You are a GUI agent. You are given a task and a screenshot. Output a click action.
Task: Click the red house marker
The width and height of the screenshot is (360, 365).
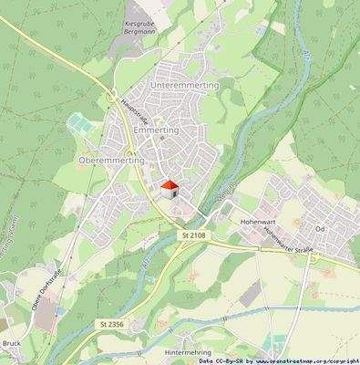(x=169, y=188)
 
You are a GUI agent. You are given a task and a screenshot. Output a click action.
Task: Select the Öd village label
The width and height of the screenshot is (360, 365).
(x=320, y=228)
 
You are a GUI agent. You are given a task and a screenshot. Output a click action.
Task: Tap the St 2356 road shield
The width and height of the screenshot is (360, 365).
(x=110, y=324)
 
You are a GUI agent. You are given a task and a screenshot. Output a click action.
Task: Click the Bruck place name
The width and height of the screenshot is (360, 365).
(x=11, y=343)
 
